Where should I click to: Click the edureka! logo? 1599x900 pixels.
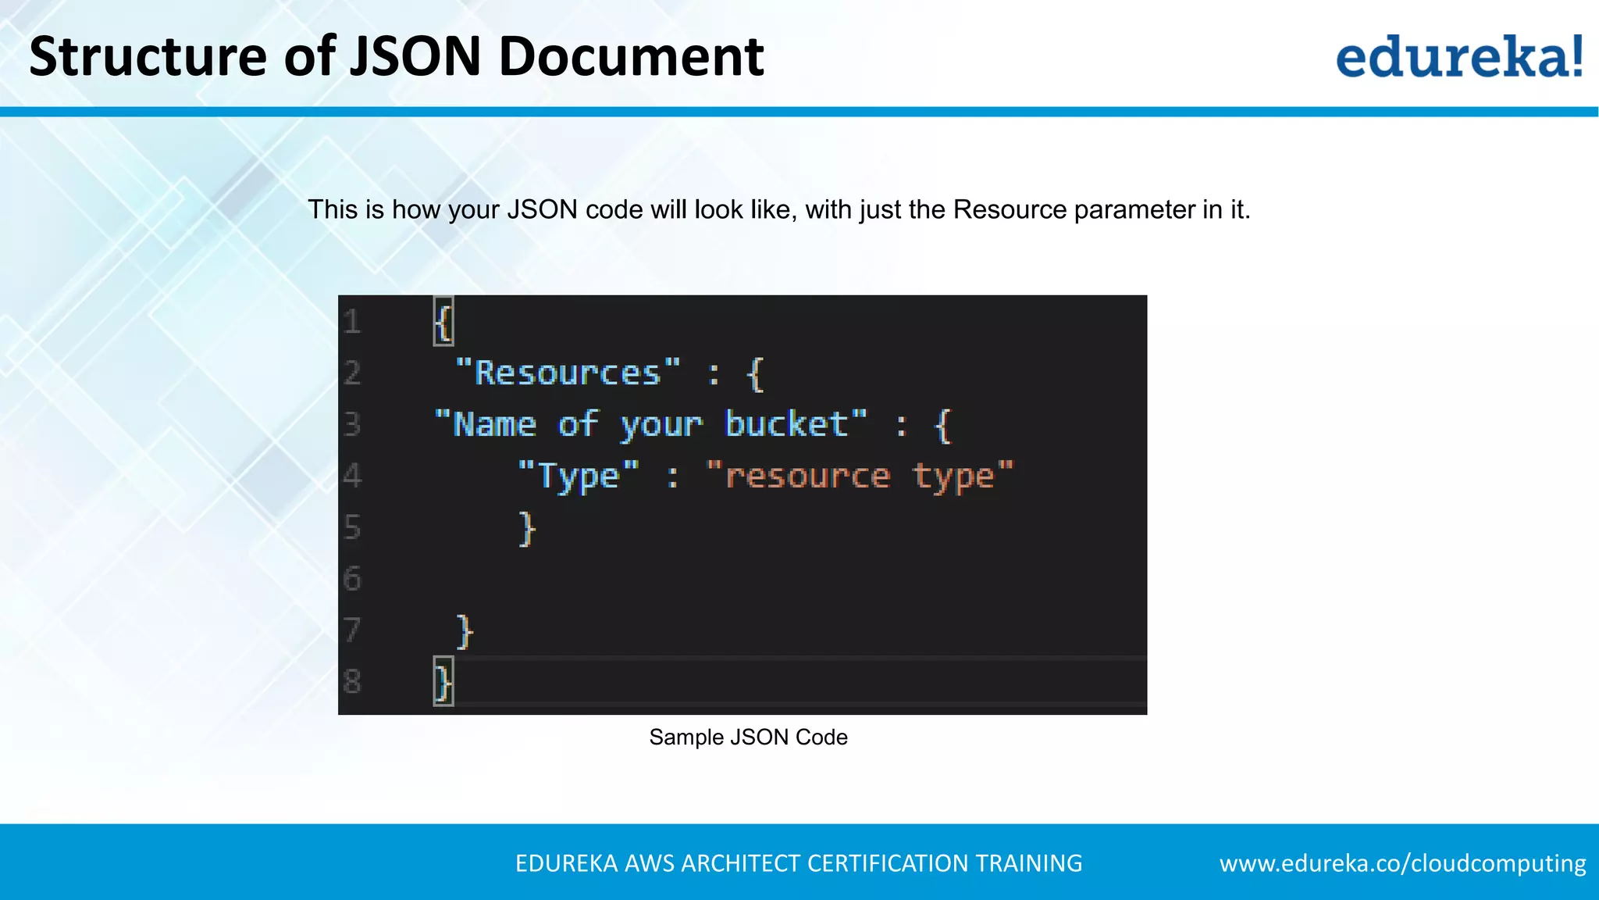[1459, 56]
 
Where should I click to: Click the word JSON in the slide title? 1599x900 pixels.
[415, 56]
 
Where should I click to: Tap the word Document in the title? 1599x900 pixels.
[631, 56]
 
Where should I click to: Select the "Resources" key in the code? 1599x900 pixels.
[568, 373]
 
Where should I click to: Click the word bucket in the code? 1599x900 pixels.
[786, 424]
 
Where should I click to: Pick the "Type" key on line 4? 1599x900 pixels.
[579, 476]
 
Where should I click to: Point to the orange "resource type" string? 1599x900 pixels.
[860, 476]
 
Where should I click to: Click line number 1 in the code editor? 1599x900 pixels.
[352, 322]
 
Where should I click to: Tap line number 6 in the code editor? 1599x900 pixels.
[352, 579]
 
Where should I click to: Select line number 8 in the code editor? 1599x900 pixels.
[352, 682]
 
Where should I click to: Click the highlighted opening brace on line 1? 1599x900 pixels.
[443, 321]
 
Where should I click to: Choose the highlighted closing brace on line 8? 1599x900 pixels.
[443, 682]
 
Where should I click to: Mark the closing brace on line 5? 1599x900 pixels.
[528, 528]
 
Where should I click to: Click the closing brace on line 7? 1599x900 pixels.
[465, 631]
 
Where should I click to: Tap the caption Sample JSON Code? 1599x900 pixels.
[748, 737]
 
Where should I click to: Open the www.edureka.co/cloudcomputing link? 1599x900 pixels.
[1402, 863]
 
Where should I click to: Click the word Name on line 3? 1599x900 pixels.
[494, 424]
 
